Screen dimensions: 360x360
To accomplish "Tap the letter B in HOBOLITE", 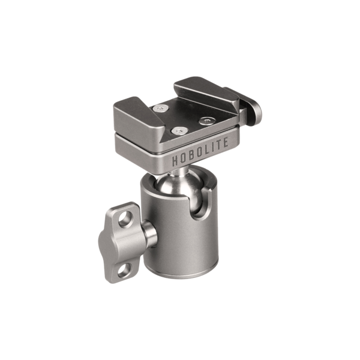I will click(192, 159).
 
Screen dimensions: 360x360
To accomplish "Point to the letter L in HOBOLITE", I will click(207, 156).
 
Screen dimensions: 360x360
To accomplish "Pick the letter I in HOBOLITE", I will click(214, 154).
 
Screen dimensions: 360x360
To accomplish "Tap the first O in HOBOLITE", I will click(184, 160).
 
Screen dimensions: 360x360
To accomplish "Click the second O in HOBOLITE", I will click(200, 158).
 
